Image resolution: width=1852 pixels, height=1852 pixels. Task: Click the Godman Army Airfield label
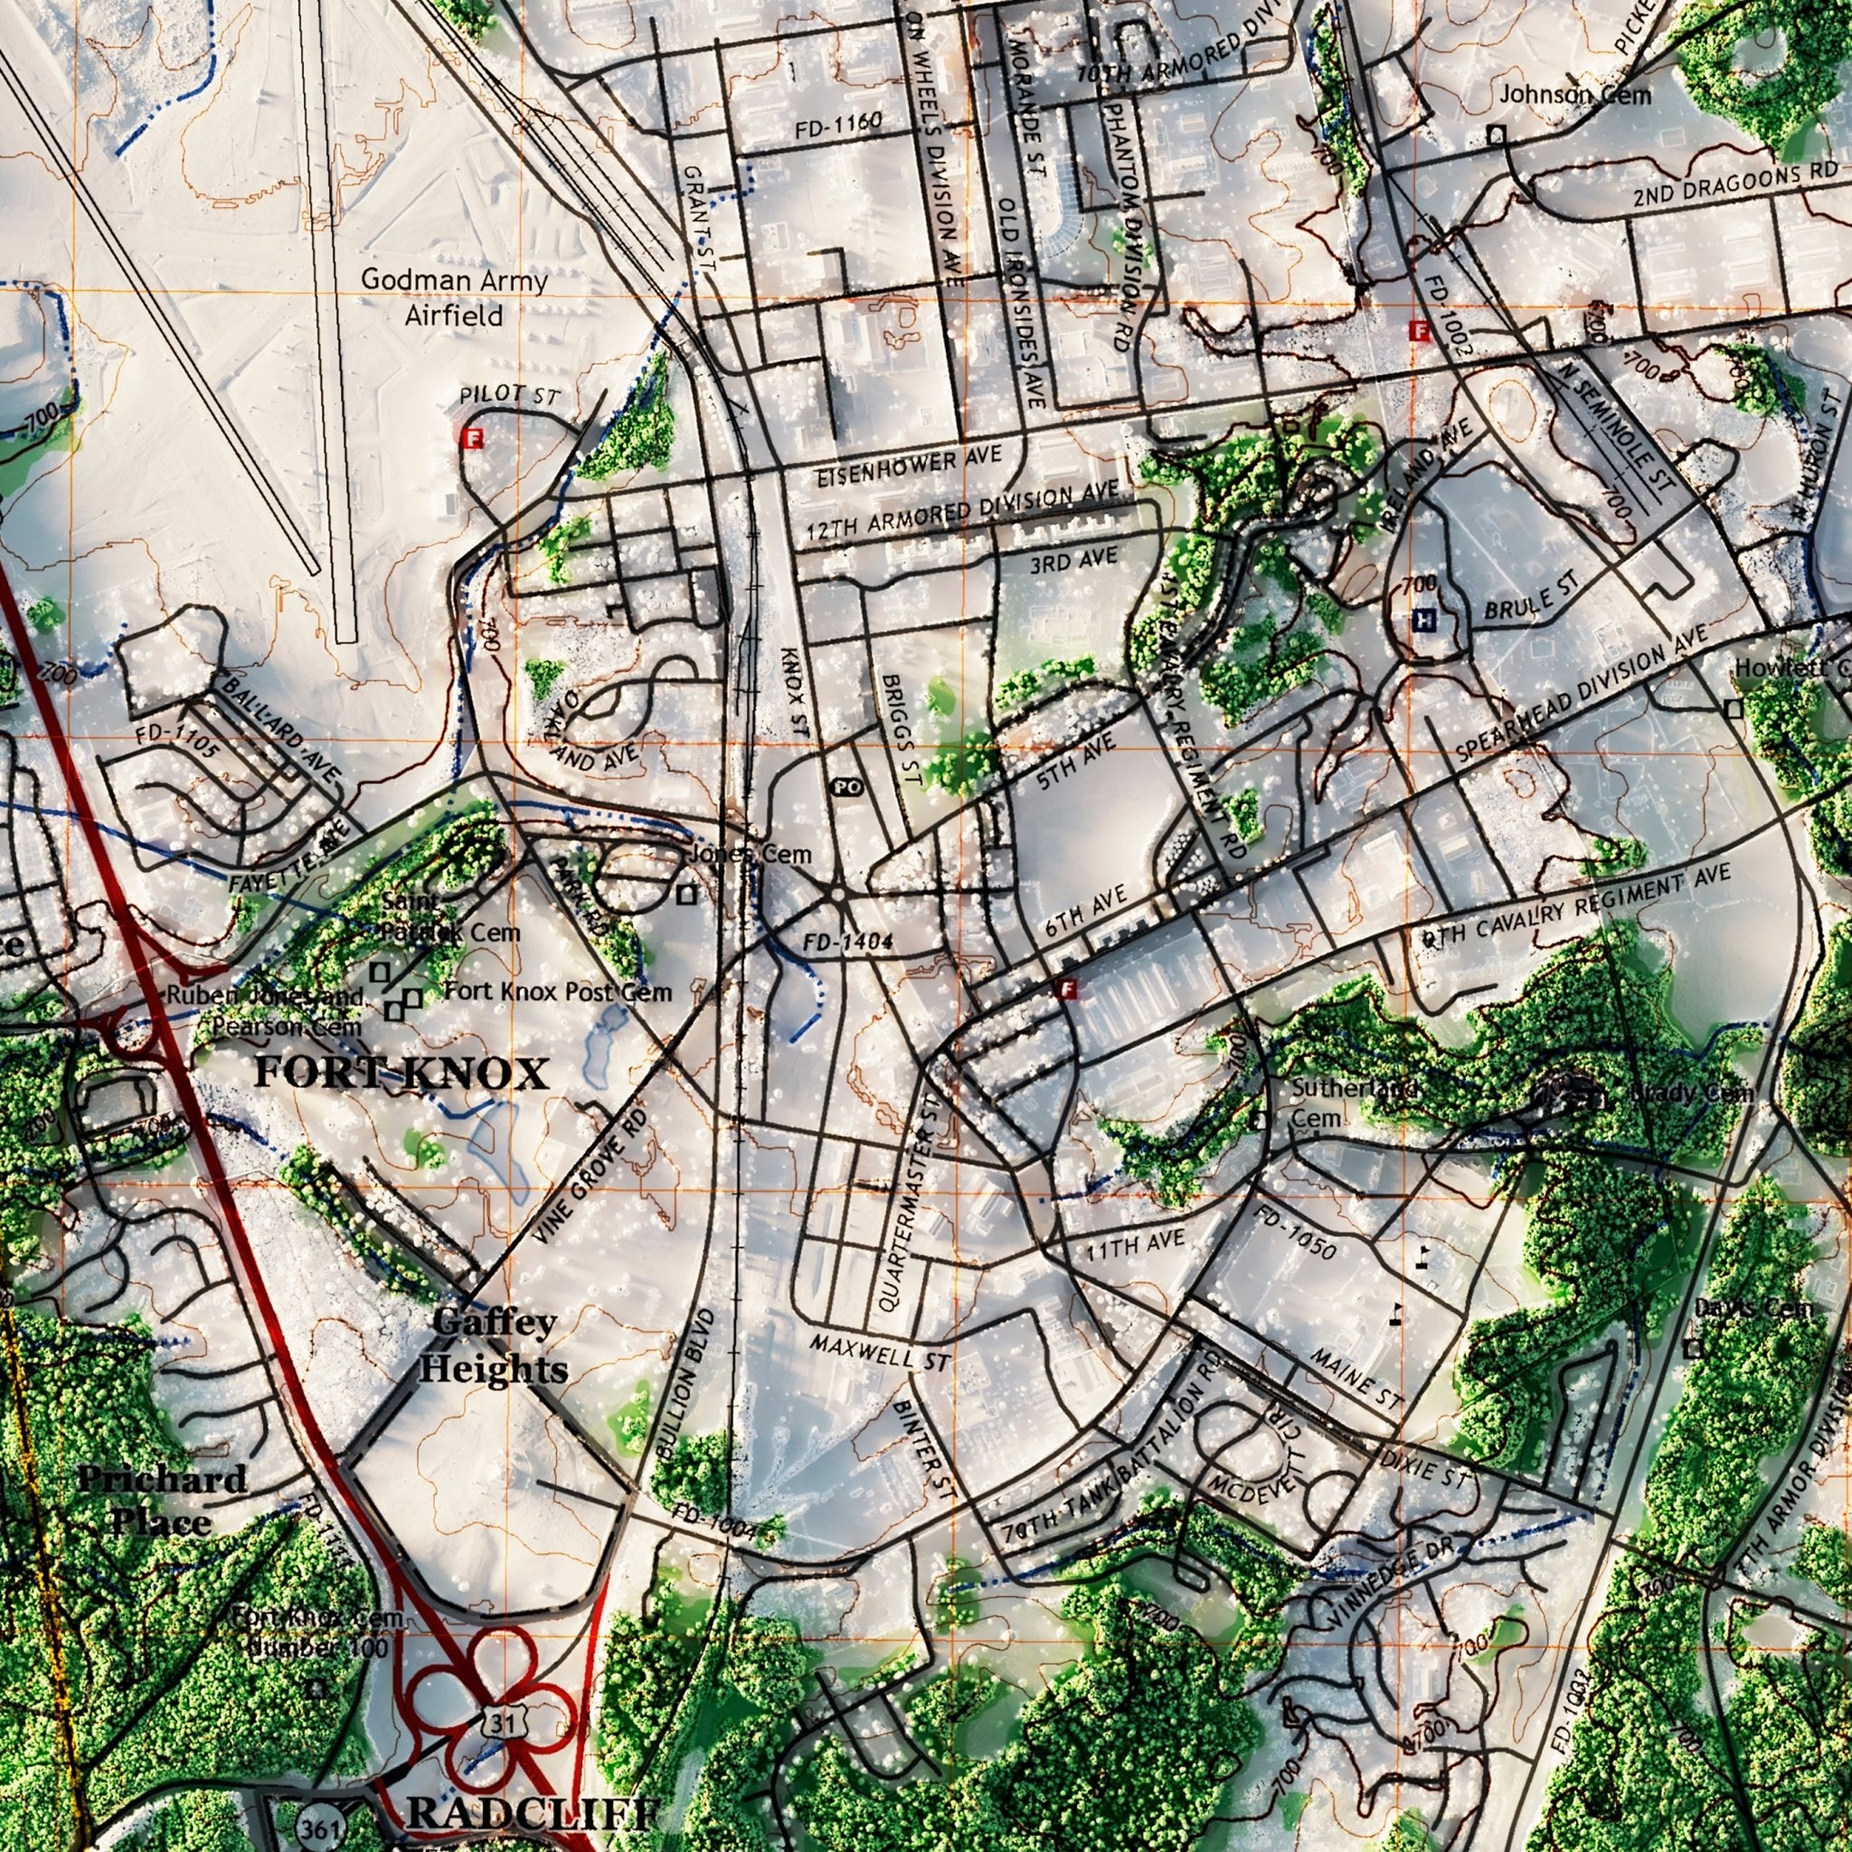(453, 298)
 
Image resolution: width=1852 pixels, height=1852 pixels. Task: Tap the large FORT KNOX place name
(401, 1074)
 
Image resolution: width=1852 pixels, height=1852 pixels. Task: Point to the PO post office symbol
(846, 787)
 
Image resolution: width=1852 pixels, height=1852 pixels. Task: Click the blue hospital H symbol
(1425, 621)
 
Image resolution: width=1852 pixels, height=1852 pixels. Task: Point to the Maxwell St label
(879, 1354)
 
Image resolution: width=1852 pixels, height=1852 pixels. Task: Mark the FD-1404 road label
(849, 943)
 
